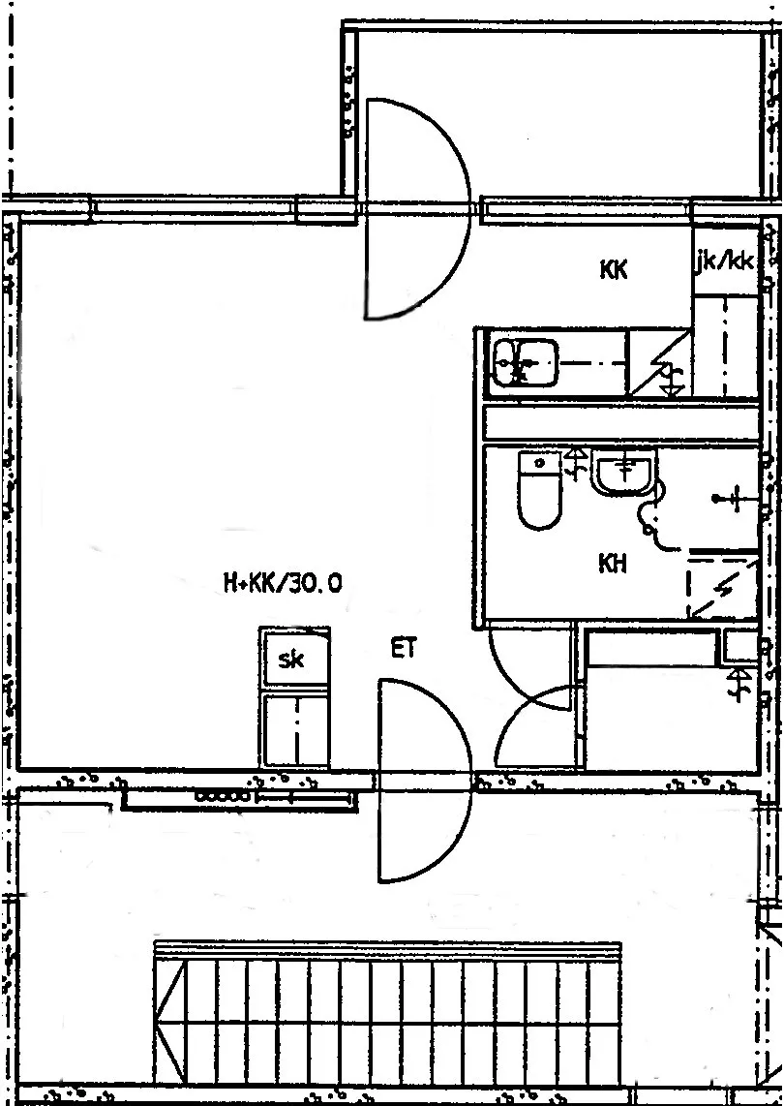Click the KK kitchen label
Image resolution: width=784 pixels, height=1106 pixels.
click(x=614, y=269)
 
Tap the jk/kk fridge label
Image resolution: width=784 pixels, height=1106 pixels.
click(x=724, y=262)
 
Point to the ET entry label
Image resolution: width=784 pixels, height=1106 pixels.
click(x=404, y=648)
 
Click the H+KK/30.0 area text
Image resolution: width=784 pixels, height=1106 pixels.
click(x=283, y=583)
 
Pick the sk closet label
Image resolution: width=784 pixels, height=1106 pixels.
click(x=291, y=660)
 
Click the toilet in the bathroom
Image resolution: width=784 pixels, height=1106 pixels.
click(x=539, y=490)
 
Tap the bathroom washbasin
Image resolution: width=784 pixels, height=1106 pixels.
click(x=624, y=474)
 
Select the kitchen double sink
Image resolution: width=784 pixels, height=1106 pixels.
click(x=525, y=362)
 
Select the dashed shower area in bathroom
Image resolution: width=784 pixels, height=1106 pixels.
click(x=722, y=585)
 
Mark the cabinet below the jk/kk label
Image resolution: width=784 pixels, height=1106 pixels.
click(x=726, y=347)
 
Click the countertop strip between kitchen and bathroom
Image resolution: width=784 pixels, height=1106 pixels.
click(x=621, y=422)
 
